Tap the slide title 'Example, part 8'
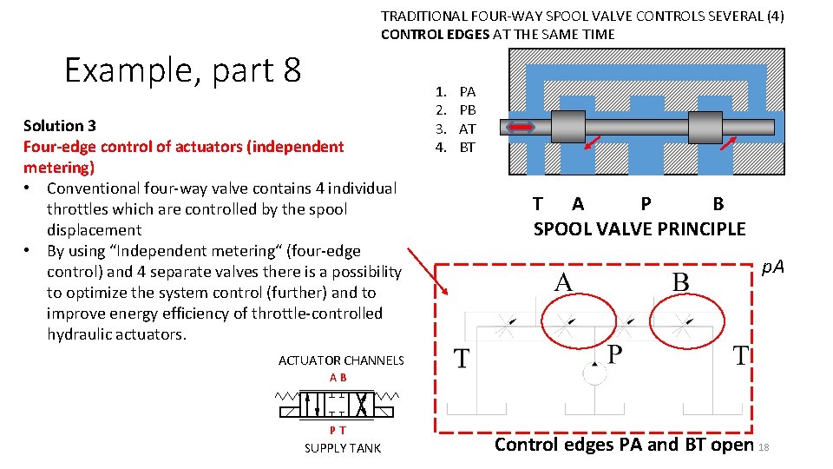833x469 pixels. (182, 69)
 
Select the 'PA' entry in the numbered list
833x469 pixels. (467, 91)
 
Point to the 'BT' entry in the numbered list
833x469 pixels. (467, 147)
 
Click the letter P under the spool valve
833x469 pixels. (646, 204)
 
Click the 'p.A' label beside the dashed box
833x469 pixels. (772, 267)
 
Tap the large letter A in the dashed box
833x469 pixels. (563, 283)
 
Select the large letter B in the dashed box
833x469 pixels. (681, 283)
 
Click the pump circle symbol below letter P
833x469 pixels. (594, 373)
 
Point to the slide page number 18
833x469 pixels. (764, 447)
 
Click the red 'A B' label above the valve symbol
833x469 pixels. (338, 378)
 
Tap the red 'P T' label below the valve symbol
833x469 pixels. (338, 430)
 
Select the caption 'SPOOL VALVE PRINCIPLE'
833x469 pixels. (639, 229)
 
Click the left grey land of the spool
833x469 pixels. (567, 127)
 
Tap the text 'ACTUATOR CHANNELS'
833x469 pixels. (341, 360)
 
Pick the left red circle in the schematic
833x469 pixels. (567, 325)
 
